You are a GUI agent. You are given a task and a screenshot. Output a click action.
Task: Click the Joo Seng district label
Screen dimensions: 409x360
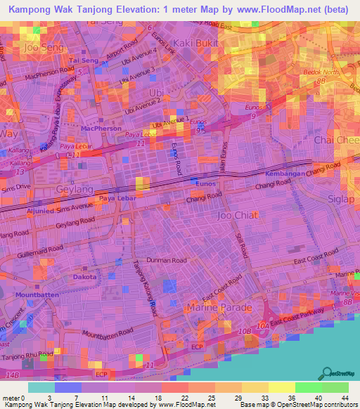tap(39, 48)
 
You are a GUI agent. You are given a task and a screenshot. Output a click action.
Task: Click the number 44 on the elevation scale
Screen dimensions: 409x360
tap(345, 377)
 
